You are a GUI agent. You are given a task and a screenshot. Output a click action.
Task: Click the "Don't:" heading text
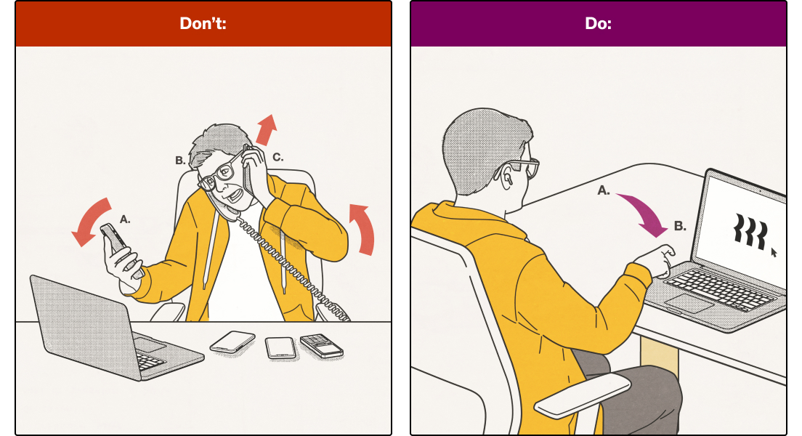[203, 23]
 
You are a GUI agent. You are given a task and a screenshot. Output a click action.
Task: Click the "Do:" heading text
[598, 23]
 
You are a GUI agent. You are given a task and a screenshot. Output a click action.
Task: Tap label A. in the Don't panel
[125, 219]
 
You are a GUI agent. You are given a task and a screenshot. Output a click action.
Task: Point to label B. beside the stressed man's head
[180, 160]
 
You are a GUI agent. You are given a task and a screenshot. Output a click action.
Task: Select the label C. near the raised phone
[278, 157]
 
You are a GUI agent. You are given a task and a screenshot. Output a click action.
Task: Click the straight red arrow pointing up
[267, 129]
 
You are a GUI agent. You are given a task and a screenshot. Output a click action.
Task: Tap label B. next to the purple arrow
[680, 226]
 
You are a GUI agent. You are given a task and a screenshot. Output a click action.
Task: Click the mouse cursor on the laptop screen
[774, 252]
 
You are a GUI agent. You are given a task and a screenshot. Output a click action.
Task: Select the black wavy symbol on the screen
[751, 231]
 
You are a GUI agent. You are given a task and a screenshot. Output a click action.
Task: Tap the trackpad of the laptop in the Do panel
[689, 304]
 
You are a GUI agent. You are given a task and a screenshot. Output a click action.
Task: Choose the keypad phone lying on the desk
[322, 345]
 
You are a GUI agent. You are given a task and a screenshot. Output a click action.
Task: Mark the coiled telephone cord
[286, 261]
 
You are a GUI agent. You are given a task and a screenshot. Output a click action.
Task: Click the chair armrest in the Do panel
[583, 395]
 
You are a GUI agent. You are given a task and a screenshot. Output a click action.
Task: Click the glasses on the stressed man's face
[221, 173]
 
